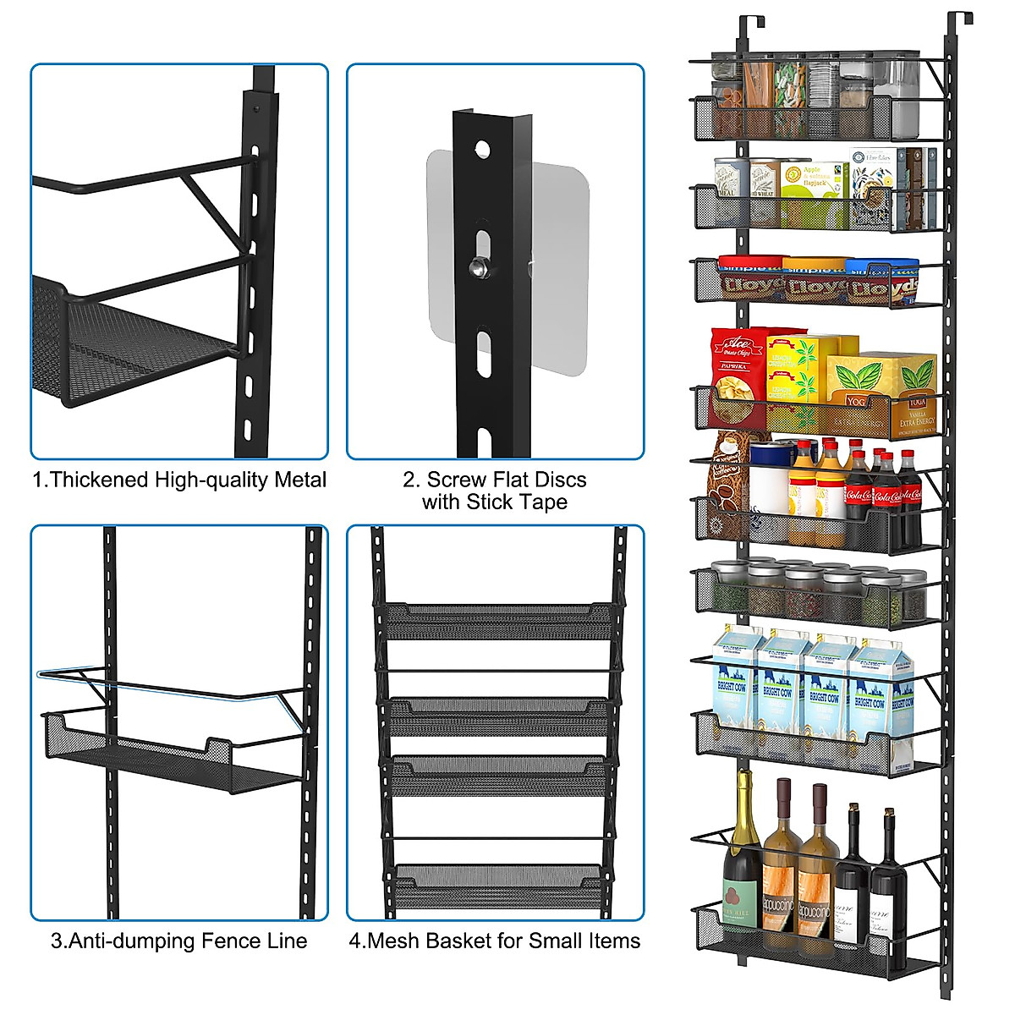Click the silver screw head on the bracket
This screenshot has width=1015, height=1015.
[479, 267]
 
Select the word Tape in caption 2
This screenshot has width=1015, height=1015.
[545, 502]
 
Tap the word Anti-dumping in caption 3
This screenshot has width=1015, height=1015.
[122, 941]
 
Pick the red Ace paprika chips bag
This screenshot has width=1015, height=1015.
[738, 376]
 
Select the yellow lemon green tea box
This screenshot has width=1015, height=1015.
[799, 372]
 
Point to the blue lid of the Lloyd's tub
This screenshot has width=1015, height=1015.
[882, 266]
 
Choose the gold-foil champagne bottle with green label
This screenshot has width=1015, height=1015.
[743, 854]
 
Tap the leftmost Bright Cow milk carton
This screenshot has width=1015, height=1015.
[734, 689]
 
